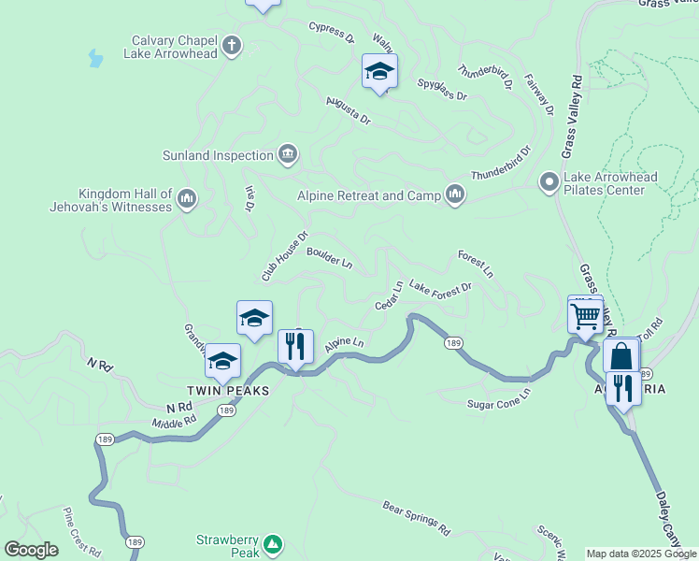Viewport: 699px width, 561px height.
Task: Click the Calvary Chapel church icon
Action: point(232,44)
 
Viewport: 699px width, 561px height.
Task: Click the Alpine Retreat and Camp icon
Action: point(455,194)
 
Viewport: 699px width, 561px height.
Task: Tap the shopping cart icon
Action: point(585,315)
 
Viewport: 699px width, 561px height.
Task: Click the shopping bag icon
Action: point(621,357)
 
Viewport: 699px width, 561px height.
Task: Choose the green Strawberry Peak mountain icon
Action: point(272,543)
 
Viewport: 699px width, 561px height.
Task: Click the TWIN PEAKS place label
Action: point(228,390)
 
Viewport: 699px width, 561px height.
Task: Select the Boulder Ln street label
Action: point(329,257)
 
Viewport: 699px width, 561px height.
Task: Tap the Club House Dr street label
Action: point(284,257)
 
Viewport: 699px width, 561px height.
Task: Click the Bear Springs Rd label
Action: point(416,517)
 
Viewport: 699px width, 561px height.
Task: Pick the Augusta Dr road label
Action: point(348,111)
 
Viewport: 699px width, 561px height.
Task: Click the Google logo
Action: point(31,550)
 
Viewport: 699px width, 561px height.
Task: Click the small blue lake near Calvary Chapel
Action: point(94,59)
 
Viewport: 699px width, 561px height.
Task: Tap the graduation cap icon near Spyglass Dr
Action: point(379,71)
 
